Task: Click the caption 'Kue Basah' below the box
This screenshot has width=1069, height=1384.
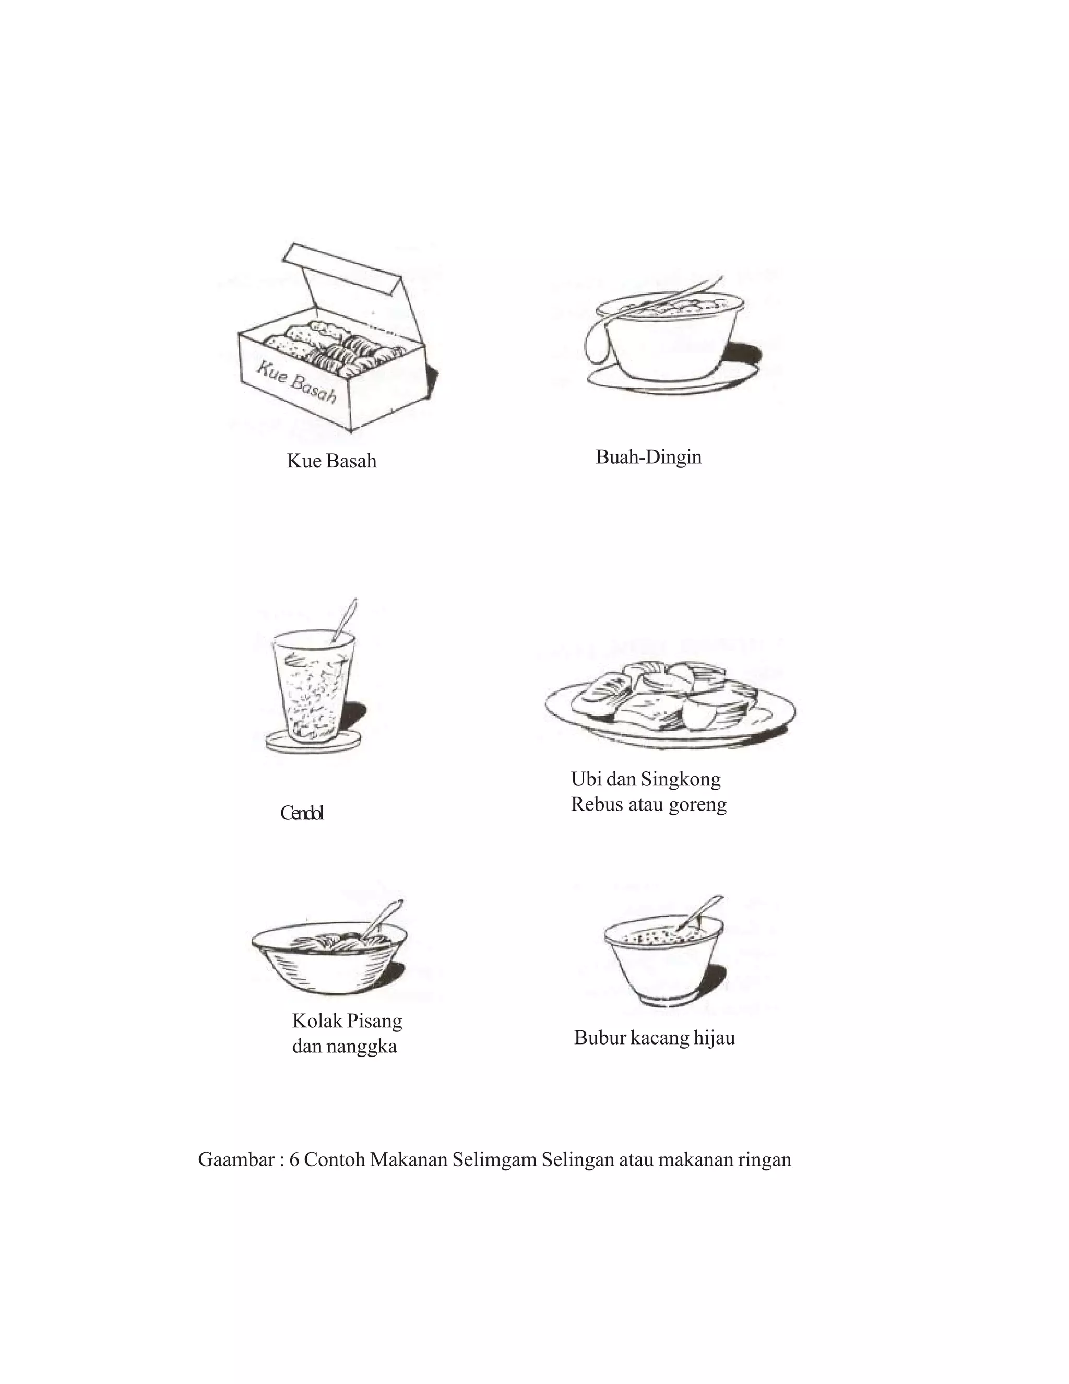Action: (331, 461)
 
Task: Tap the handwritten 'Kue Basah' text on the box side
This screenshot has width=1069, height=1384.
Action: (296, 383)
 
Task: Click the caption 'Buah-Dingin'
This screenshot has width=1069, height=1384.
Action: (648, 457)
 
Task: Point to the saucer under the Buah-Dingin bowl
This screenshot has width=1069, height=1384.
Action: (671, 378)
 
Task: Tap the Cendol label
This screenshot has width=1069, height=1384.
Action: (302, 813)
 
